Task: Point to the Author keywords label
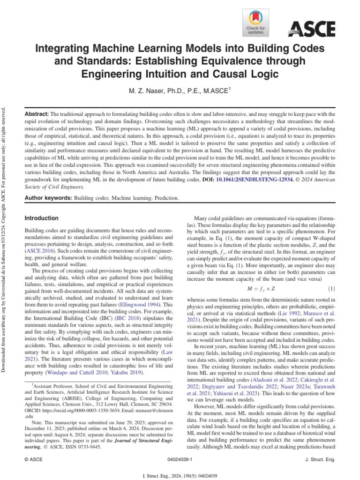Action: [48, 198]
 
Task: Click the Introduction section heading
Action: [41, 218]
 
